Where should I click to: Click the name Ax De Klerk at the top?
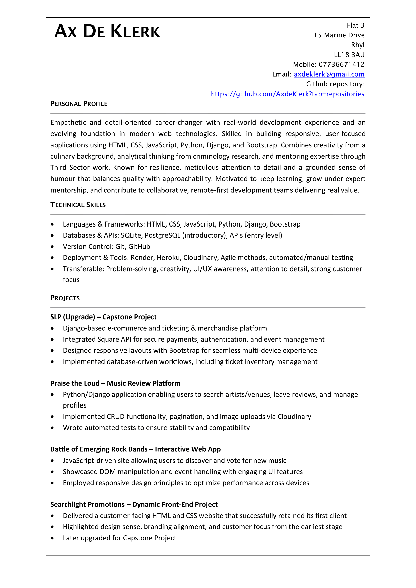tap(107, 32)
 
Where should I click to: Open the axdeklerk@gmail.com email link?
tap(329, 74)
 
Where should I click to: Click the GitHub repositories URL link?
tap(287, 94)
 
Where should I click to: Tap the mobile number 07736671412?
tap(342, 65)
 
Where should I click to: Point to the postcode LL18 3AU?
tap(349, 55)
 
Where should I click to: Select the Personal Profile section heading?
tap(79, 104)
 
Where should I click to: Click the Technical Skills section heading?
tap(78, 205)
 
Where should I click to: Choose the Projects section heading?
tap(65, 298)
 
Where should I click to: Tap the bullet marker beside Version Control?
tap(52, 247)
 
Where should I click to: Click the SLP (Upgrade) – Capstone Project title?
tap(103, 317)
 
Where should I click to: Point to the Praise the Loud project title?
tap(115, 383)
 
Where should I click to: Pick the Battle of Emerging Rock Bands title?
tap(135, 449)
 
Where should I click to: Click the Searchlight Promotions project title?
tap(134, 505)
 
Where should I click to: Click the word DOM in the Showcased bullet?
tap(108, 472)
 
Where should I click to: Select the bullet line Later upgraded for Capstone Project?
tap(119, 538)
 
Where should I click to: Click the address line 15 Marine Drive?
tap(339, 35)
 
